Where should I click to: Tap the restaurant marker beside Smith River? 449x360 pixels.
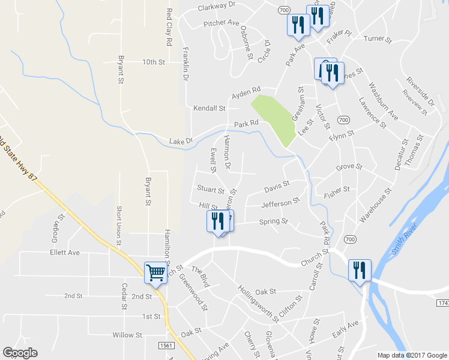[x=359, y=269]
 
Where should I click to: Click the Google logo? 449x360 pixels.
[x=20, y=353]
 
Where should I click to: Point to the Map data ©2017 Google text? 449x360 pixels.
[x=412, y=355]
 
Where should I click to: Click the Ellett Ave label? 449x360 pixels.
[x=65, y=253]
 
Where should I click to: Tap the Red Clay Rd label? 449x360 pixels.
[x=170, y=28]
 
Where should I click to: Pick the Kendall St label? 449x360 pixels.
[x=209, y=109]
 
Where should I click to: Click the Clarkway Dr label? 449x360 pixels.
[x=218, y=8]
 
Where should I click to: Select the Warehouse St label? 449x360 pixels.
[x=376, y=205]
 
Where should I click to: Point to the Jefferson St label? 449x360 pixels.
[x=280, y=203]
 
